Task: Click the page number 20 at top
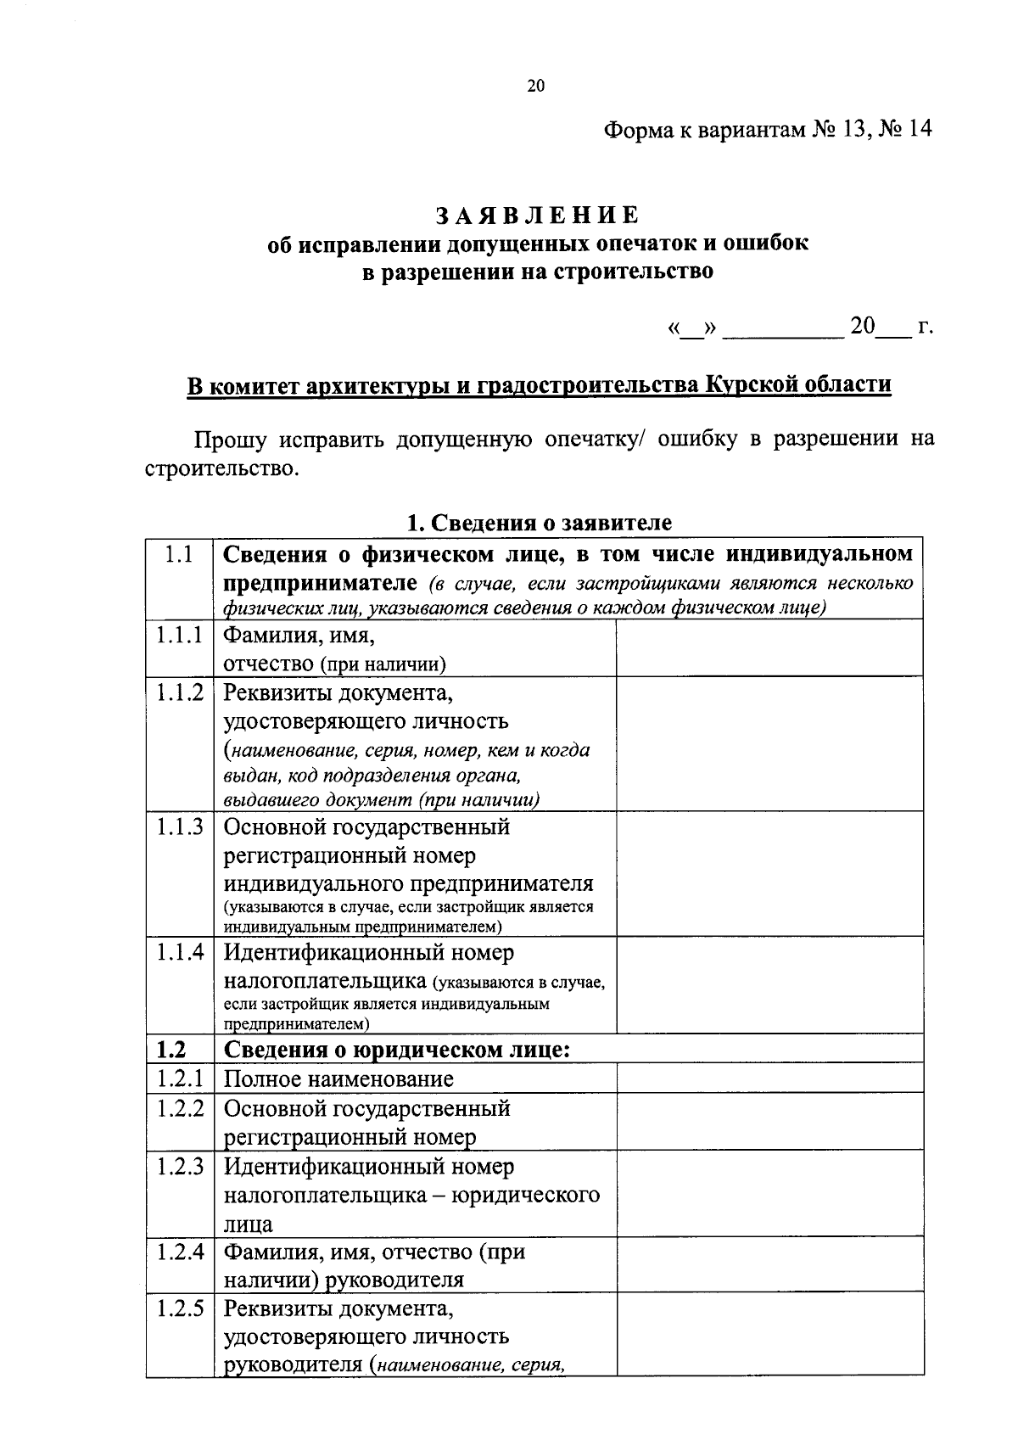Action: coord(535,86)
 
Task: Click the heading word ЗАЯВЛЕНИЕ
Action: coord(537,215)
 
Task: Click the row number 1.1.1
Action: coord(179,635)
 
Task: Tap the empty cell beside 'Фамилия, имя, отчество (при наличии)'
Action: coord(769,647)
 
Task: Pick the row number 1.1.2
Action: coord(179,692)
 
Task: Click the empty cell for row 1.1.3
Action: coord(769,873)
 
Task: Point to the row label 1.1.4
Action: coord(179,952)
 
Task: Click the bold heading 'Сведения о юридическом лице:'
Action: coord(397,1050)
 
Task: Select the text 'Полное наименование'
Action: coord(338,1079)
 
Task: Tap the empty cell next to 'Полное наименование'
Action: coord(769,1078)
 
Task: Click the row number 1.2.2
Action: coord(179,1108)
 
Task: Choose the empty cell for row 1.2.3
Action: coord(769,1192)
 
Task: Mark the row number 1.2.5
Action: coord(179,1308)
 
